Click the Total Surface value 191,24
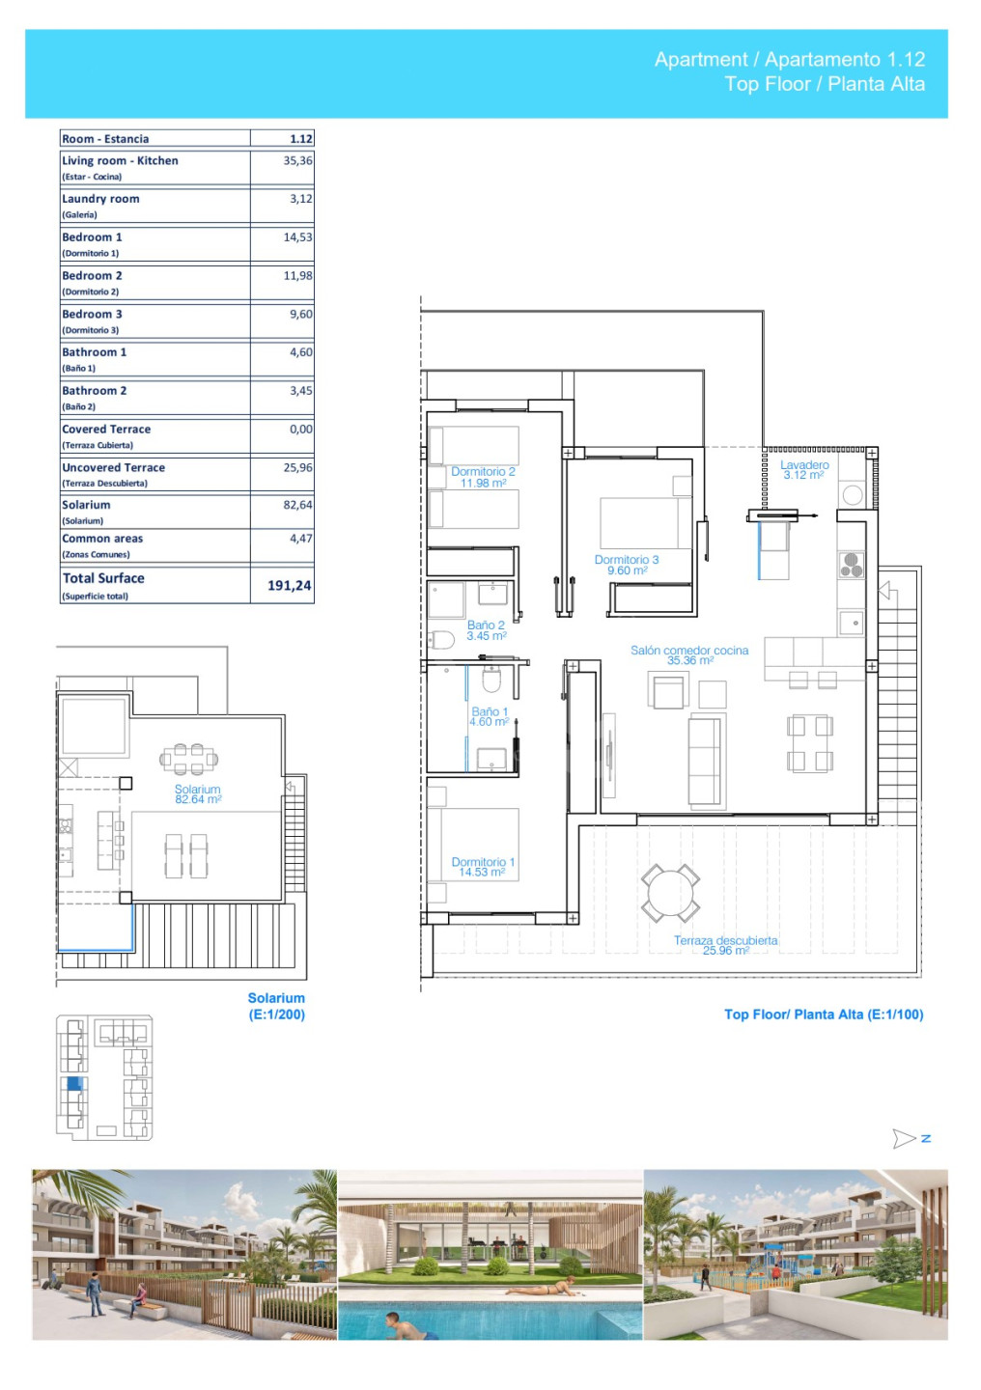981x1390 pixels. pyautogui.click(x=290, y=585)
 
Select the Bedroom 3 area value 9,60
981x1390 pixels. pyautogui.click(x=301, y=314)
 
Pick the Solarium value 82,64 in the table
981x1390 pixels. pyautogui.click(x=298, y=505)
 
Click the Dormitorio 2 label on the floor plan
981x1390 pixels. pyautogui.click(x=483, y=477)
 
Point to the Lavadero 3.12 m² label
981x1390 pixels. pyautogui.click(x=804, y=470)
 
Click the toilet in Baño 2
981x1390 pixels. pyautogui.click(x=441, y=640)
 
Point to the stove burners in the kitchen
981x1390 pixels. pyautogui.click(x=852, y=565)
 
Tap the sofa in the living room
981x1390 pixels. pyautogui.click(x=707, y=761)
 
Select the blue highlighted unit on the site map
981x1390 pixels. pyautogui.click(x=74, y=1083)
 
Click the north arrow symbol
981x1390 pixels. pyautogui.click(x=904, y=1139)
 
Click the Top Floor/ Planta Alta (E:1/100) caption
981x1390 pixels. pyautogui.click(x=824, y=1014)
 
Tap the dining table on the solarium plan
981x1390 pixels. pyautogui.click(x=188, y=759)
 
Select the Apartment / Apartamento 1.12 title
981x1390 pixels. pyautogui.click(x=790, y=60)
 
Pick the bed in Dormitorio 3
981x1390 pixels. pyautogui.click(x=646, y=522)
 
